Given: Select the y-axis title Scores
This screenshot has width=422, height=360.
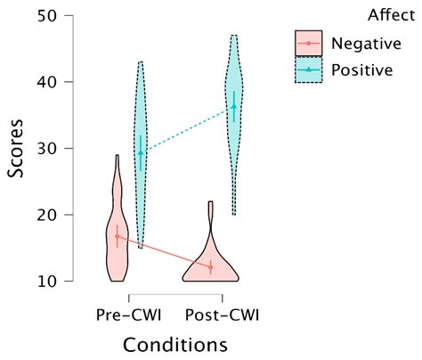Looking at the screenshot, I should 17,149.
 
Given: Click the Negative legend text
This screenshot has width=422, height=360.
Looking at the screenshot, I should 364,43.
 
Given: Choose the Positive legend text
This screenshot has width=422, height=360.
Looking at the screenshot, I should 361,70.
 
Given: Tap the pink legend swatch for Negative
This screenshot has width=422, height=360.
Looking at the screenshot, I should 308,43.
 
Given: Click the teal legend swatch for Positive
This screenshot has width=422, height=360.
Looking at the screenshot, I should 308,70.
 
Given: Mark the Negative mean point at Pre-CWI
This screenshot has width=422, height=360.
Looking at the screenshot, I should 117,236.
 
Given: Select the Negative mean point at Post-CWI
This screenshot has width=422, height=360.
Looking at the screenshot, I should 211,266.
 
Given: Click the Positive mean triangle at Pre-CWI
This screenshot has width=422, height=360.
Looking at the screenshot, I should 140,152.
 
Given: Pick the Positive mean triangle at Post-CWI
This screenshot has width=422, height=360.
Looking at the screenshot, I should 234,107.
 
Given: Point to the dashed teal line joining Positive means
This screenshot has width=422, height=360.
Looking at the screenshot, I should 187,130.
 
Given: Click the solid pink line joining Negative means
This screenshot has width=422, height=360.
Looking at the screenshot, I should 164,251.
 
